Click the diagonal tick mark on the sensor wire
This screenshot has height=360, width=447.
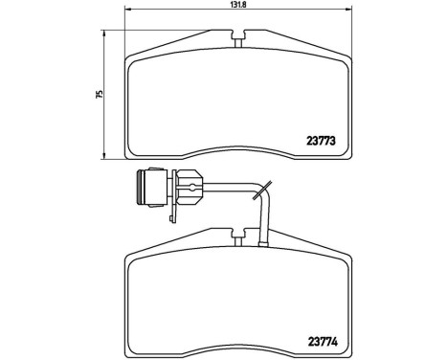tap(268, 191)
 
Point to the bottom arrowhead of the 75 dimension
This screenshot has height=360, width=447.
tap(103, 155)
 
